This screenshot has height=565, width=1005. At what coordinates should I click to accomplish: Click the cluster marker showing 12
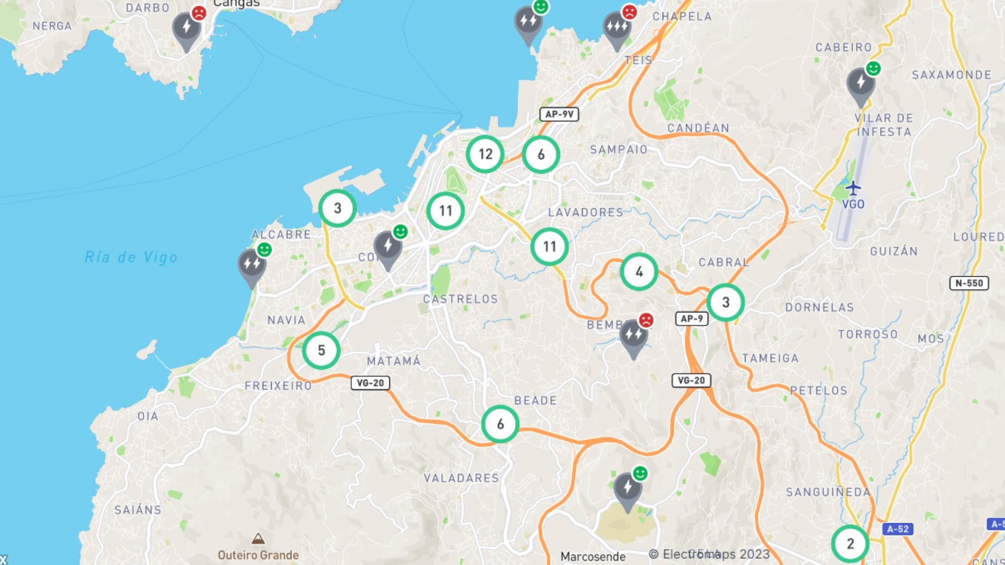(x=485, y=154)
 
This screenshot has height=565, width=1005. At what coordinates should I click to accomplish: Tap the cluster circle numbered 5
(x=321, y=351)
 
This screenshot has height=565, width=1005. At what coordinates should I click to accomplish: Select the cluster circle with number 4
(x=639, y=272)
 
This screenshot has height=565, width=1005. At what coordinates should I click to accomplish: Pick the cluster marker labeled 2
(x=850, y=544)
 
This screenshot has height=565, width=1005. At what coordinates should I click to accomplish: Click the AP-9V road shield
(x=559, y=114)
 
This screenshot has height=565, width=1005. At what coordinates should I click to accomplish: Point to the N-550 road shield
(x=969, y=283)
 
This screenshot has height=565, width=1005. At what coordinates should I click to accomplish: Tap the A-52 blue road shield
(x=898, y=529)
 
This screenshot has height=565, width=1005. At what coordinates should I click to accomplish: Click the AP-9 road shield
(x=691, y=319)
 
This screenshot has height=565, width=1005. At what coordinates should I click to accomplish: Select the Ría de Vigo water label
(x=131, y=257)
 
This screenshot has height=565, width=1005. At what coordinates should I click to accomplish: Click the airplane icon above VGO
(x=853, y=188)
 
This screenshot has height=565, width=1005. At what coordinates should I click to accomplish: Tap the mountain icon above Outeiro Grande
(x=258, y=538)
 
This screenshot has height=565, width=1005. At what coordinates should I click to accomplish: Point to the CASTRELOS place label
(x=460, y=299)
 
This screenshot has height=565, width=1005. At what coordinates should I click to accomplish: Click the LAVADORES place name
(x=585, y=212)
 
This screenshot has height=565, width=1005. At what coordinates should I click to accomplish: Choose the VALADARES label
(x=461, y=478)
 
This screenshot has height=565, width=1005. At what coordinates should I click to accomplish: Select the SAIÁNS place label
(x=138, y=510)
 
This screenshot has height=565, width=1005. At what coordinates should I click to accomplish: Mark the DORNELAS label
(x=819, y=308)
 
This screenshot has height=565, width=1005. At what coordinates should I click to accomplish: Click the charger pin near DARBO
(x=186, y=29)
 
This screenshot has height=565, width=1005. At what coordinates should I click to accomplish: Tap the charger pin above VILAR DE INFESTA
(x=861, y=84)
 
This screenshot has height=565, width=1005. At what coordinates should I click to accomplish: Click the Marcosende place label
(x=593, y=557)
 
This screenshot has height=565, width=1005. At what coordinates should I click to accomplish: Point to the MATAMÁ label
(x=393, y=361)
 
